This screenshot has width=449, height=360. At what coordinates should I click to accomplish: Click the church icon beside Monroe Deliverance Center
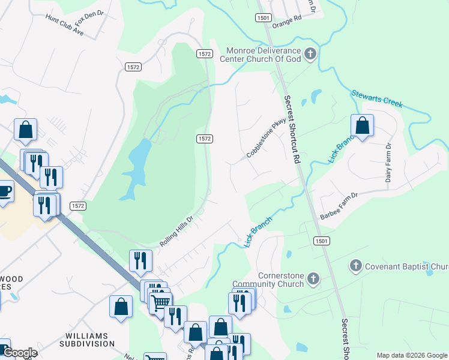(x=310, y=55)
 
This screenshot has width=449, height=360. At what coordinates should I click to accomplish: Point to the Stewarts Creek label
(x=376, y=99)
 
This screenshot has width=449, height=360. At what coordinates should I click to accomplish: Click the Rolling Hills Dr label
(x=178, y=231)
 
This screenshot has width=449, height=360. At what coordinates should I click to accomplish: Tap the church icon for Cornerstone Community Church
(x=313, y=278)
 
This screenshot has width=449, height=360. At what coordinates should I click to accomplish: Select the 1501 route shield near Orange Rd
(x=262, y=18)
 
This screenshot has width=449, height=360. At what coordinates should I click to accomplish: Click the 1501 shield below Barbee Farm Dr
(x=321, y=241)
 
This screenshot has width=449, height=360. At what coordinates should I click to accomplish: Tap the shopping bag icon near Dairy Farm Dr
(x=362, y=125)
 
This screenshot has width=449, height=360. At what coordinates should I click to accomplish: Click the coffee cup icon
(x=5, y=191)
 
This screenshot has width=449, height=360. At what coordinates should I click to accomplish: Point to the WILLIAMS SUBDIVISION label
(x=86, y=339)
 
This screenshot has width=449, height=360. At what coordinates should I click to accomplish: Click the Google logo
(x=19, y=353)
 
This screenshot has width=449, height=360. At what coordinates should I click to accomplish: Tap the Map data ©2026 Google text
(x=411, y=355)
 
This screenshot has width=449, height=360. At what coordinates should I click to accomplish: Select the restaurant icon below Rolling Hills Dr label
(x=140, y=260)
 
